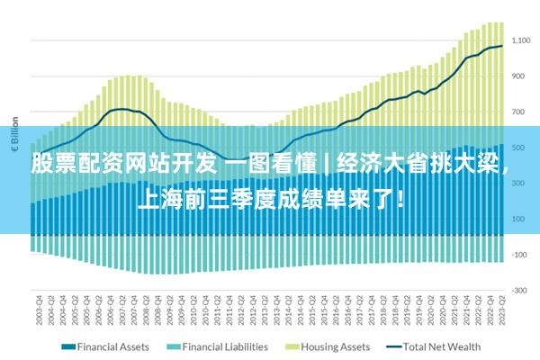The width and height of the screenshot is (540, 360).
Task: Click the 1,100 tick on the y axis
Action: tap(522, 40)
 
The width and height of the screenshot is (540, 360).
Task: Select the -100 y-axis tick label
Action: tap(520, 255)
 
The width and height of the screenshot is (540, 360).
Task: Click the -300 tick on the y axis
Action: tap(520, 291)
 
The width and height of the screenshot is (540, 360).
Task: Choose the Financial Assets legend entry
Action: tap(112, 346)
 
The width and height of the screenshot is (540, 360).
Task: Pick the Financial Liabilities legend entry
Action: tap(225, 346)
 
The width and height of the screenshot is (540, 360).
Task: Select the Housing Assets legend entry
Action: tap(335, 346)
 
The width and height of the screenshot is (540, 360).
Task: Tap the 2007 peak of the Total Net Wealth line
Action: tap(121, 109)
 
